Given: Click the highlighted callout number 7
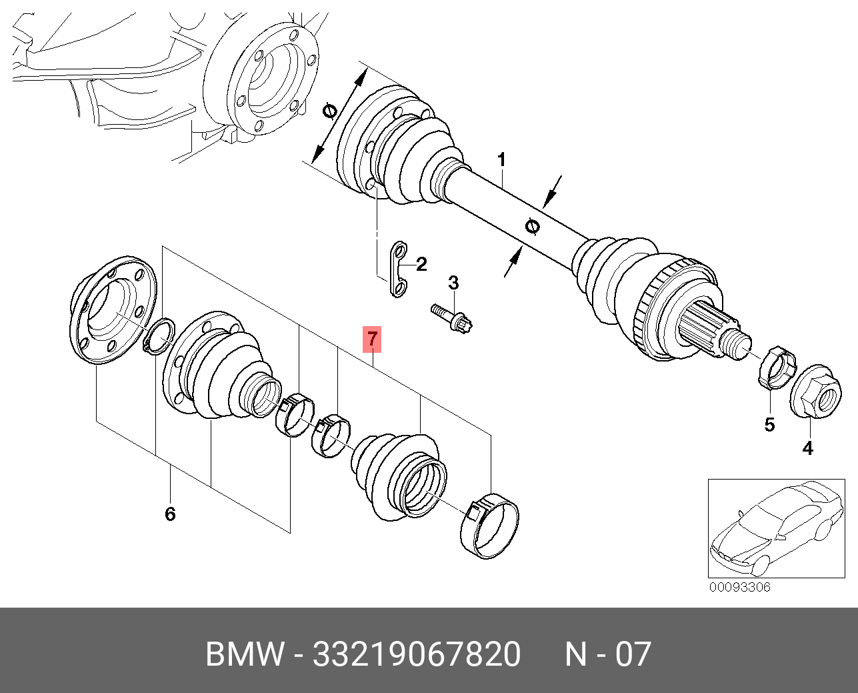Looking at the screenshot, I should point(372,339).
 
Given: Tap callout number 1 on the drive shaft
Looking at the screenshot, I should point(501,160).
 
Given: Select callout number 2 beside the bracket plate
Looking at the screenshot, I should point(421,264).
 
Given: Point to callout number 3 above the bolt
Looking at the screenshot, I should point(453,283).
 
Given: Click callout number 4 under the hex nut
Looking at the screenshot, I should point(807,448).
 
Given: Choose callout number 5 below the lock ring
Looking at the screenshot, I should point(769,424).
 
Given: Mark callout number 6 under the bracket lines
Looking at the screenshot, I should point(170,514).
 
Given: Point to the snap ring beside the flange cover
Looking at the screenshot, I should point(159,337).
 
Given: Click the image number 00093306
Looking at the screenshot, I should point(739,588).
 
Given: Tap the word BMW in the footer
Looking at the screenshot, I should point(245,654).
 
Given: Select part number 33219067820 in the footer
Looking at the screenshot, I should point(417,654).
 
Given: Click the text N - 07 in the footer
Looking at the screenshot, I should point(607,654).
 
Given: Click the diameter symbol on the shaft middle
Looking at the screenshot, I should point(532,227).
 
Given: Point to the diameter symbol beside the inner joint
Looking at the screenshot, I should point(329,112).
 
